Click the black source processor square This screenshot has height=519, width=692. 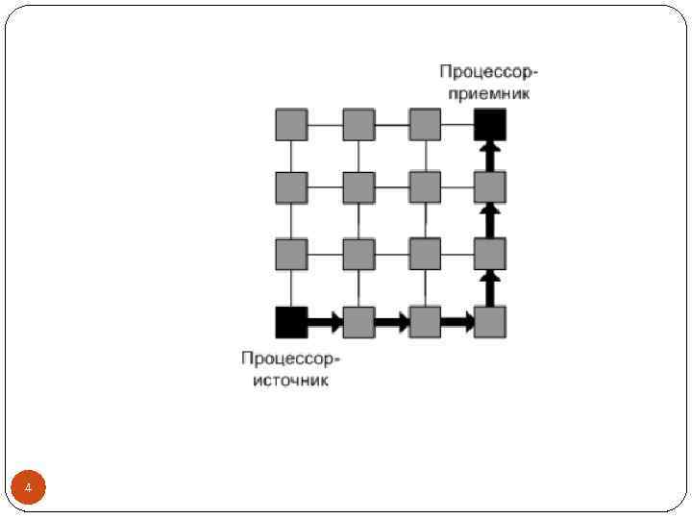tap(291, 322)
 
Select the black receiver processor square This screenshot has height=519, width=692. tap(490, 124)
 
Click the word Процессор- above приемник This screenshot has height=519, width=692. tap(488, 73)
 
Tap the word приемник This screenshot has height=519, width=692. tap(488, 94)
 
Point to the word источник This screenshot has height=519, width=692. tap(291, 381)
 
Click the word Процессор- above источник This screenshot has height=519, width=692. tap(291, 359)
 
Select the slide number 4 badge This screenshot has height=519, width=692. tap(29, 489)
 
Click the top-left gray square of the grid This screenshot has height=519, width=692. tap(291, 124)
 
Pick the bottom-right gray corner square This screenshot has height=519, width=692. tap(490, 322)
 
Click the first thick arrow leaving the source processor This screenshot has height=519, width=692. tap(325, 323)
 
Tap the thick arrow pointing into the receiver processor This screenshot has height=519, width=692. tap(490, 155)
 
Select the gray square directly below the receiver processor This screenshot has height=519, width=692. tap(490, 187)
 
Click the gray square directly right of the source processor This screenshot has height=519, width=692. tap(358, 322)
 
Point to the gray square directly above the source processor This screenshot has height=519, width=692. tap(291, 255)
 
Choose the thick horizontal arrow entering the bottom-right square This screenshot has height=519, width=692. tap(457, 323)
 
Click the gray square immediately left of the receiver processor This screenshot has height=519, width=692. tap(424, 124)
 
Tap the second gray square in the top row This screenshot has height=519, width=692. tap(358, 124)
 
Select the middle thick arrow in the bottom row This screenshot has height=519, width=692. tap(391, 323)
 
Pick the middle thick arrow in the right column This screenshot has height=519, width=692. tap(490, 221)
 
